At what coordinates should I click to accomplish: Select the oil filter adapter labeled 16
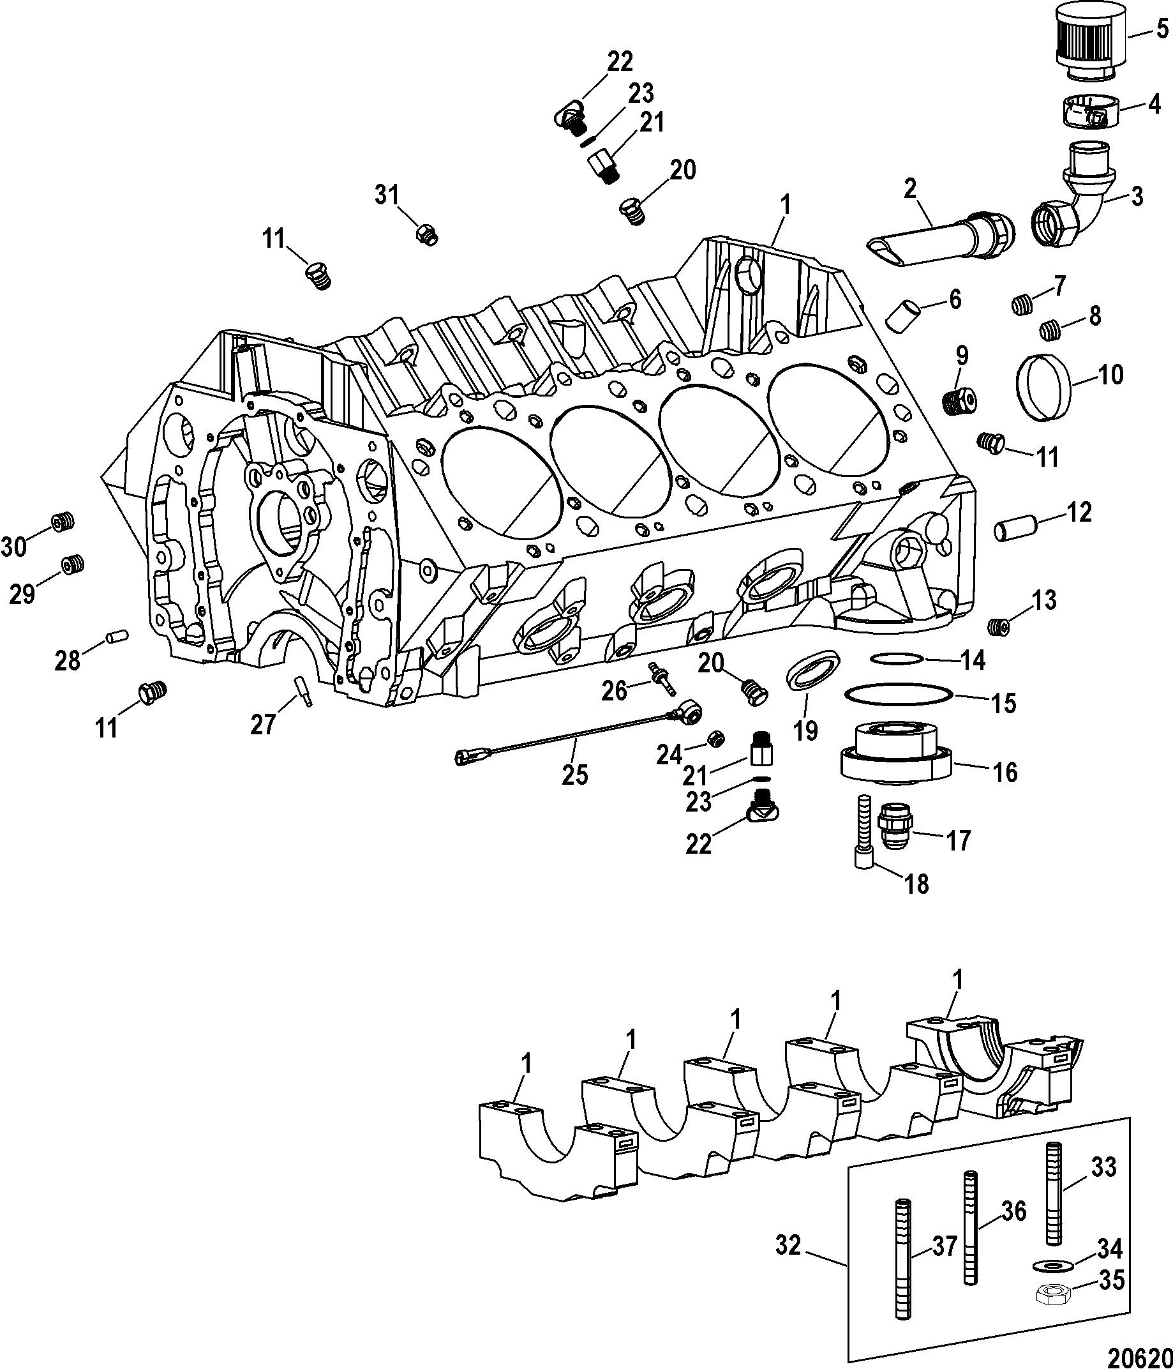895,752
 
